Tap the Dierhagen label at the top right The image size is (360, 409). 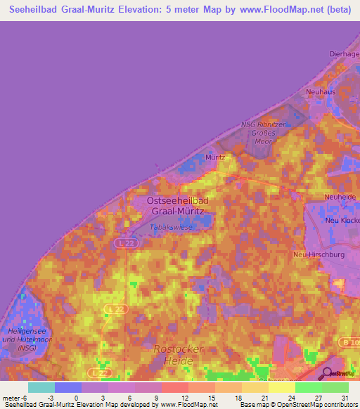(x=344, y=53)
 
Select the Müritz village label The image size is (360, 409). (x=215, y=157)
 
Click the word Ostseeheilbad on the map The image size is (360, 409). (x=177, y=201)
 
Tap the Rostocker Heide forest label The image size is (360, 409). (x=179, y=354)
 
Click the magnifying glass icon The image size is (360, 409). (x=327, y=373)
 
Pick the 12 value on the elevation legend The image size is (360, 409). (x=186, y=398)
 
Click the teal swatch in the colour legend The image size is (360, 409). (x=41, y=387)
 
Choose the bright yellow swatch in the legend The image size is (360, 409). (x=281, y=387)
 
